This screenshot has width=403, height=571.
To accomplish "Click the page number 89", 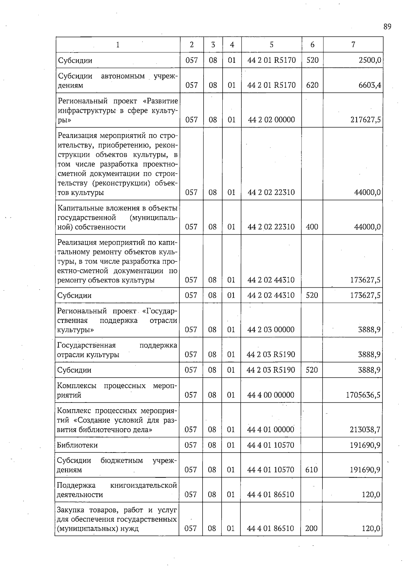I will [x=387, y=27].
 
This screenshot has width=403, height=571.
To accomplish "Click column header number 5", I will [x=271, y=45].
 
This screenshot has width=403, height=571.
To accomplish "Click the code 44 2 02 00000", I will [x=271, y=120].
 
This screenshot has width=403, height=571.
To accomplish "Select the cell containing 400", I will [x=312, y=227].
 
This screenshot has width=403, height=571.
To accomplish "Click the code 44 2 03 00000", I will [x=271, y=330].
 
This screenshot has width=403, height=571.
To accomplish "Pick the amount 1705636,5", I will [x=363, y=395].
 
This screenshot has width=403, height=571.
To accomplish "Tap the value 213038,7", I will [x=365, y=430].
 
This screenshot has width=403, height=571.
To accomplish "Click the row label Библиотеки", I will [x=77, y=445].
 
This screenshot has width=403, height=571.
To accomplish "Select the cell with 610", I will [x=312, y=470].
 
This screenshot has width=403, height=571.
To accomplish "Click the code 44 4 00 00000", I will [x=271, y=395].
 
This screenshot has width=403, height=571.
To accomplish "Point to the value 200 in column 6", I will [x=311, y=528].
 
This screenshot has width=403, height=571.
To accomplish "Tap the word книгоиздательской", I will [x=143, y=485].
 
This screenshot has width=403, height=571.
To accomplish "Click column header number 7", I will [x=353, y=45].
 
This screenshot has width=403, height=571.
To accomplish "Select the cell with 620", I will [x=312, y=85].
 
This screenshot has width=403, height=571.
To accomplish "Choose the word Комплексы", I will [x=77, y=386].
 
